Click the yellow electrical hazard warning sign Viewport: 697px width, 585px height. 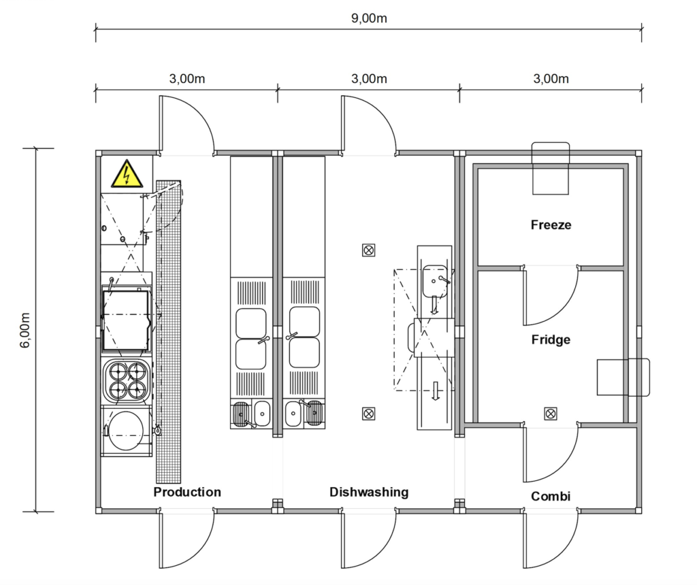click(127, 174)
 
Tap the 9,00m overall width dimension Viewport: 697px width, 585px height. click(369, 18)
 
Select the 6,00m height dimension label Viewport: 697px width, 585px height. click(25, 330)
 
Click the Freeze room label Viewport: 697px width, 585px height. click(551, 224)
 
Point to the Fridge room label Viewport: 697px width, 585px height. click(551, 340)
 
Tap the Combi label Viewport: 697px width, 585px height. click(551, 496)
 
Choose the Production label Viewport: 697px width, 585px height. click(187, 492)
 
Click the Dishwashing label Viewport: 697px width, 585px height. click(369, 492)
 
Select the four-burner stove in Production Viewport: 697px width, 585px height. click(127, 380)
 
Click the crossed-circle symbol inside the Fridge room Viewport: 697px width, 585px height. click(550, 414)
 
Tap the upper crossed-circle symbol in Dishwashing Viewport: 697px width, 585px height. click(368, 250)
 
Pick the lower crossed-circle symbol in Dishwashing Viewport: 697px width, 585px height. click(368, 414)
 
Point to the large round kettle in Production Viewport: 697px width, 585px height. click(126, 431)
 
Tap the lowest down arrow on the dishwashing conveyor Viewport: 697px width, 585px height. click(436, 391)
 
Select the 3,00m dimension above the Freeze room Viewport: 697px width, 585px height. click(551, 79)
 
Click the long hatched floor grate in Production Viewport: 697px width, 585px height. click(169, 331)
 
